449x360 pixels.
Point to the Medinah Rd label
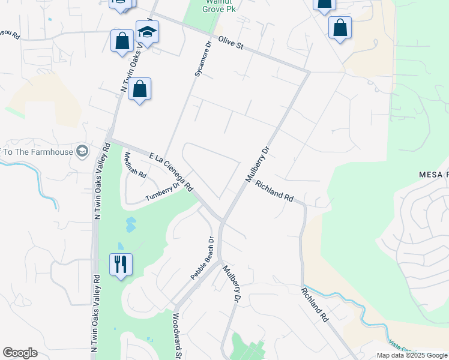tap(134, 166)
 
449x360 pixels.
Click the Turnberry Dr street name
tap(163, 192)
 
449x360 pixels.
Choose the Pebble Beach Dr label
tap(202, 259)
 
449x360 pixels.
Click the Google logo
tap(20, 353)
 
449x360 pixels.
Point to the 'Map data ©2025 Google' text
tap(411, 355)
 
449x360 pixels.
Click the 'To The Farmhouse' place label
tap(37, 151)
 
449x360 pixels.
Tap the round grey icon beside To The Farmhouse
tap(82, 150)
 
